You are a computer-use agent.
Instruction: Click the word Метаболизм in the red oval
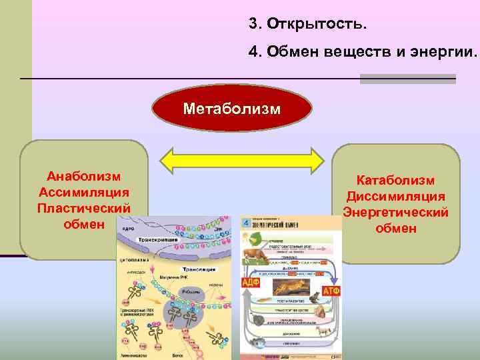tap(232, 108)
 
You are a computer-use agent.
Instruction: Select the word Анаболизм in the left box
tap(84, 177)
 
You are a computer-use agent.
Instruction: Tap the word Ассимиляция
tap(84, 192)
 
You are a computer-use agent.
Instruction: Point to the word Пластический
tap(84, 207)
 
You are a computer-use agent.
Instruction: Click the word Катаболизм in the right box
tap(395, 181)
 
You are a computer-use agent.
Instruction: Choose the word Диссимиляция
tap(395, 197)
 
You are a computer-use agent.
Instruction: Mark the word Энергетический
tap(395, 213)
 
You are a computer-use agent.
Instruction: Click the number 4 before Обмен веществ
tap(253, 52)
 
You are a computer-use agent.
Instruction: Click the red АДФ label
tap(251, 282)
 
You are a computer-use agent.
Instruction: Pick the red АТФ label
tap(331, 291)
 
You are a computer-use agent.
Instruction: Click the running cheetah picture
tap(291, 287)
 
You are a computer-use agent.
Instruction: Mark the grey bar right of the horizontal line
tap(407, 79)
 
